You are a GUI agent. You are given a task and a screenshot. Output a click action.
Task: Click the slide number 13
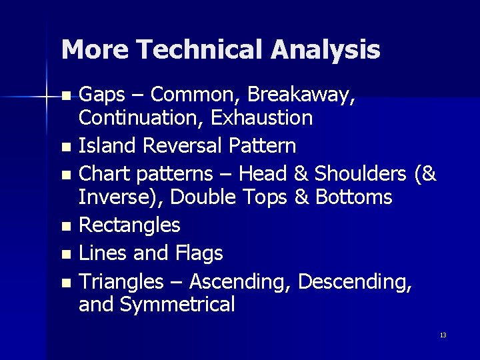coord(443,335)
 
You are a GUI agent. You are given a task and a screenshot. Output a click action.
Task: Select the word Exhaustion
coord(262,119)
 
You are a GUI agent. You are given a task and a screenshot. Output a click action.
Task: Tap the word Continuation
coord(141,119)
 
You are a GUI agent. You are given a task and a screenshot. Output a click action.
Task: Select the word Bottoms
coord(354,197)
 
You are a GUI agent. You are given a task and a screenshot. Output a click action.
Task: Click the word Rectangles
coord(129,225)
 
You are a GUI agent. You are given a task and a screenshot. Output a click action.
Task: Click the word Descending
coord(355,282)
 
